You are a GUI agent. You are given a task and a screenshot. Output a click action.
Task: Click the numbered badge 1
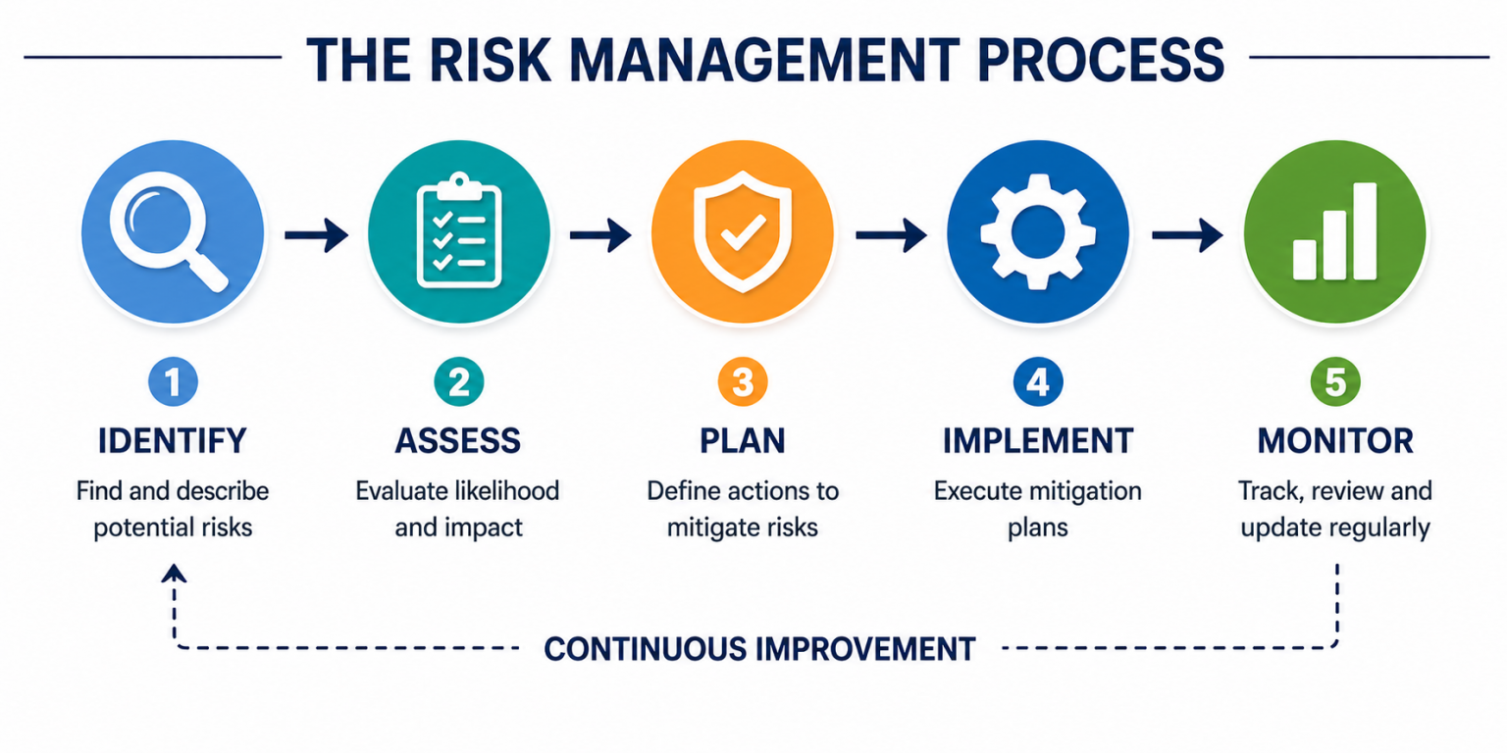[172, 383]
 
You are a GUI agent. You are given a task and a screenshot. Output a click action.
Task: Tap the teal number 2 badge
[457, 383]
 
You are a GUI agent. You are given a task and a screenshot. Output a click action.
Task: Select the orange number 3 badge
[743, 383]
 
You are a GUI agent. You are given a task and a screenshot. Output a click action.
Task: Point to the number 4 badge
[1037, 383]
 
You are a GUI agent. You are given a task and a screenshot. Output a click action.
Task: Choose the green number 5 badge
[1334, 383]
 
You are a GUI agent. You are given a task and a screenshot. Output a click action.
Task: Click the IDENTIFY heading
[172, 440]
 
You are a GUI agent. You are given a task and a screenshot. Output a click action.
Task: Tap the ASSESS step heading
[457, 440]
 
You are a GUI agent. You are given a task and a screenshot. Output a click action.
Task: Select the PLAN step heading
[743, 440]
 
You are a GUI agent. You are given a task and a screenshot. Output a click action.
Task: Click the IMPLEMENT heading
[1037, 440]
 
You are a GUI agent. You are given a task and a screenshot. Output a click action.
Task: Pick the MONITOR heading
[1334, 440]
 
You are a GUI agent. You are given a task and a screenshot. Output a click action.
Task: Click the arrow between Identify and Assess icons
[316, 234]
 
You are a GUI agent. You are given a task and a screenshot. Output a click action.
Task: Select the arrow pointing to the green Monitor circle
[1186, 234]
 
